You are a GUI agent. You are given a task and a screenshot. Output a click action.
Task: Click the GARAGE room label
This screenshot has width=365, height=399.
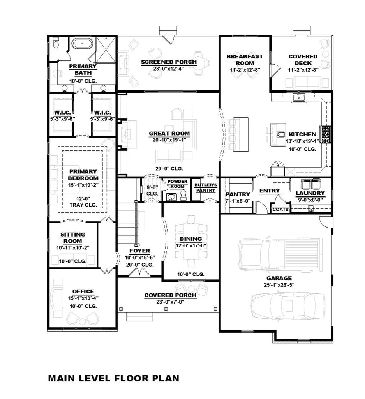[279, 278]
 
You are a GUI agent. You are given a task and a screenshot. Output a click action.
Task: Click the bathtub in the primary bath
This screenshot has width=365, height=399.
[81, 44]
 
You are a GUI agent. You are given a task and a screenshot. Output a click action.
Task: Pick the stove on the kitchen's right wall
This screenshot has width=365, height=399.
[325, 134]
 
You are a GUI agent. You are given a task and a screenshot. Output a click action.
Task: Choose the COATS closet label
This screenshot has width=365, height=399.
[280, 209]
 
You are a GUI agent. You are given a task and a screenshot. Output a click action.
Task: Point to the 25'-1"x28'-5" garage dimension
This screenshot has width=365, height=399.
[279, 284]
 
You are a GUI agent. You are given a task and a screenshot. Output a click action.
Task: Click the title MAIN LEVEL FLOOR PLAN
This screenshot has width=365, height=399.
[113, 378]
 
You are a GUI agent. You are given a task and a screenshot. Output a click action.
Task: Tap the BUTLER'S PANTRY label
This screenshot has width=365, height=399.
[205, 187]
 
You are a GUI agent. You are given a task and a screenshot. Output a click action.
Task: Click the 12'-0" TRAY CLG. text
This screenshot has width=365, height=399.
[83, 201]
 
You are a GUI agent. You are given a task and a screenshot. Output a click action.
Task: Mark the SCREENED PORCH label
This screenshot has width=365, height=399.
[169, 62]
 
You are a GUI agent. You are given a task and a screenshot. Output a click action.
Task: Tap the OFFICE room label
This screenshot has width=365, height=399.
[83, 291]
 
